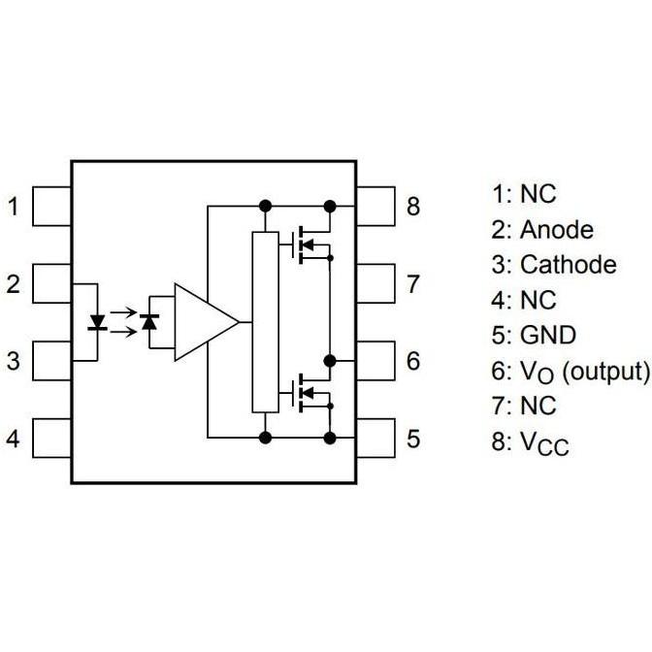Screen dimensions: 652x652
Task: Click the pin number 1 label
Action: [14, 207]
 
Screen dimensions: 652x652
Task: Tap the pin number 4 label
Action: [14, 439]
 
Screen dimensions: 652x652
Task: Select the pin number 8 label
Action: [413, 207]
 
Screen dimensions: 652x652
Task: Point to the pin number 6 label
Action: [413, 361]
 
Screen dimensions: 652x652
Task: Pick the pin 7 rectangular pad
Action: [375, 283]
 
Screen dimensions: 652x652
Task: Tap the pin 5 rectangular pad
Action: [375, 439]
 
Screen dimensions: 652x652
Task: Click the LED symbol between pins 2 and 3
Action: [97, 322]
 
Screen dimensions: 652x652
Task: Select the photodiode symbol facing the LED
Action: [149, 322]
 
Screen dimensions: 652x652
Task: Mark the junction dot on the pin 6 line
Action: [330, 361]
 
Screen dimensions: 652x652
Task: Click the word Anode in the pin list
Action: [556, 230]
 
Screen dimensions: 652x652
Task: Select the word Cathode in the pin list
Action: [568, 264]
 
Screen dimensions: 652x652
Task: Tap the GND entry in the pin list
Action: [548, 335]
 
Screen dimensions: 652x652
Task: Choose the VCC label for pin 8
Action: [544, 442]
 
